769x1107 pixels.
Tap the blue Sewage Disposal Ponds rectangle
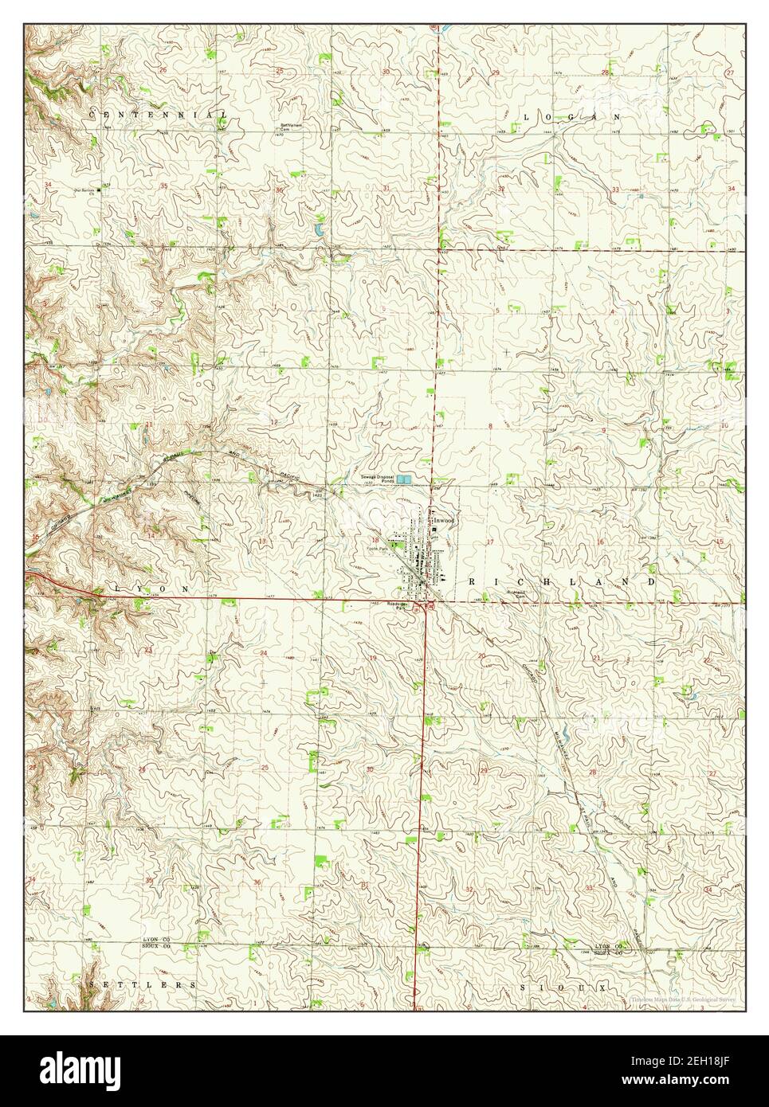click(x=406, y=480)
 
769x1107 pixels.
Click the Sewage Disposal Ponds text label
click(x=375, y=479)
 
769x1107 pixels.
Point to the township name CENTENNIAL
click(x=158, y=115)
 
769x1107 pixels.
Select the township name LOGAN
click(x=571, y=116)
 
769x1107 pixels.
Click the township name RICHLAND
click(x=561, y=582)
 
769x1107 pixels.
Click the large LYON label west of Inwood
click(x=152, y=588)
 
